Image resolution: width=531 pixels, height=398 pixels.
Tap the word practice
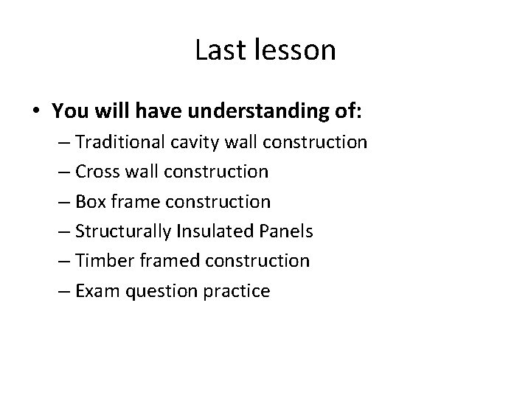click(x=240, y=291)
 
